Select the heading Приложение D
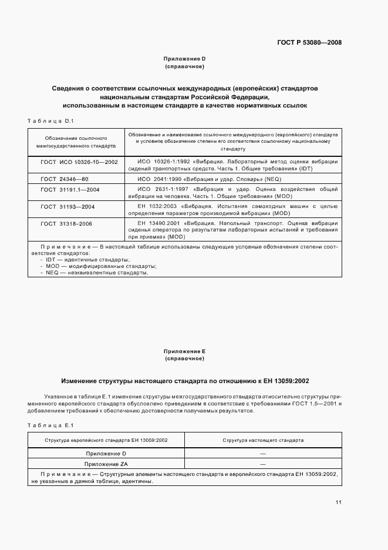184,59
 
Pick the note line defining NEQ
94,273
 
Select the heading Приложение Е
184,351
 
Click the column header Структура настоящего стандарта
263,440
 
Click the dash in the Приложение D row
263,454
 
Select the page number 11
339,502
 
